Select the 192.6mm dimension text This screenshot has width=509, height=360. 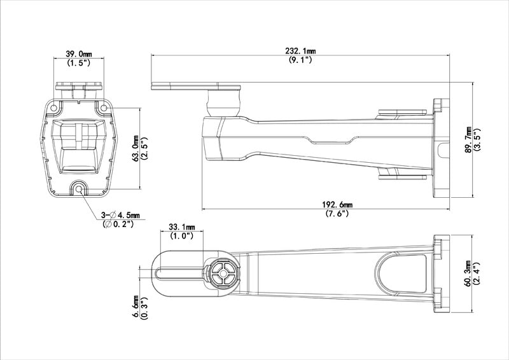337,205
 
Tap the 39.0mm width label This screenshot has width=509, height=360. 80,55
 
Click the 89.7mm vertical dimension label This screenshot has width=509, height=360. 469,139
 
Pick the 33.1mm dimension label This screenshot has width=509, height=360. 181,226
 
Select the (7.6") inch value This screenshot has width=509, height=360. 337,214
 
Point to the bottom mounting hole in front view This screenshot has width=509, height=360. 79,188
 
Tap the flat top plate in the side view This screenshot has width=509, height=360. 195,87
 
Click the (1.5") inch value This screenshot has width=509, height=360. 80,64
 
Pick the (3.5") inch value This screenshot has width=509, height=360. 478,139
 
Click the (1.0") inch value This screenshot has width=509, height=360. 181,236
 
